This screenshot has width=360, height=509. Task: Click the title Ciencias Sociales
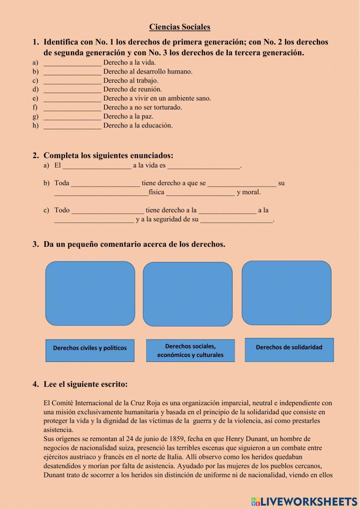(180, 27)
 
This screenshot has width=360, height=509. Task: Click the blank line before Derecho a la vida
(72, 63)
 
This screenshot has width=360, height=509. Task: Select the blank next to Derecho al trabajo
(72, 81)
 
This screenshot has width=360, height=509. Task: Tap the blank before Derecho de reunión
(72, 90)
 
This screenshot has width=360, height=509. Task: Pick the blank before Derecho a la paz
(72, 117)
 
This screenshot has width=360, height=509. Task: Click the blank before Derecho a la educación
(72, 126)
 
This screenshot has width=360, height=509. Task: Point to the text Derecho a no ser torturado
(143, 107)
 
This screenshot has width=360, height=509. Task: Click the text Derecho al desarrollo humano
(148, 72)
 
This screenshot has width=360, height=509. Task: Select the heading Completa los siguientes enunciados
(108, 156)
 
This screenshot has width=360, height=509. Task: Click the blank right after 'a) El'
(97, 166)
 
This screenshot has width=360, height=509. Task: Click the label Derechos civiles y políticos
(90, 348)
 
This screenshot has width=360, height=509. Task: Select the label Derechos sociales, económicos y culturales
(190, 351)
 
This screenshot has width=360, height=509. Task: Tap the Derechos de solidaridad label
(289, 348)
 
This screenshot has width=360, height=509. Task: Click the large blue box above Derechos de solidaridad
(286, 293)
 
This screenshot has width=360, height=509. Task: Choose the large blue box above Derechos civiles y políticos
(90, 294)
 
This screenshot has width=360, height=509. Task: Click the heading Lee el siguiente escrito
(85, 384)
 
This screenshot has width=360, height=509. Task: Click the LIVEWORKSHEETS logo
(304, 501)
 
